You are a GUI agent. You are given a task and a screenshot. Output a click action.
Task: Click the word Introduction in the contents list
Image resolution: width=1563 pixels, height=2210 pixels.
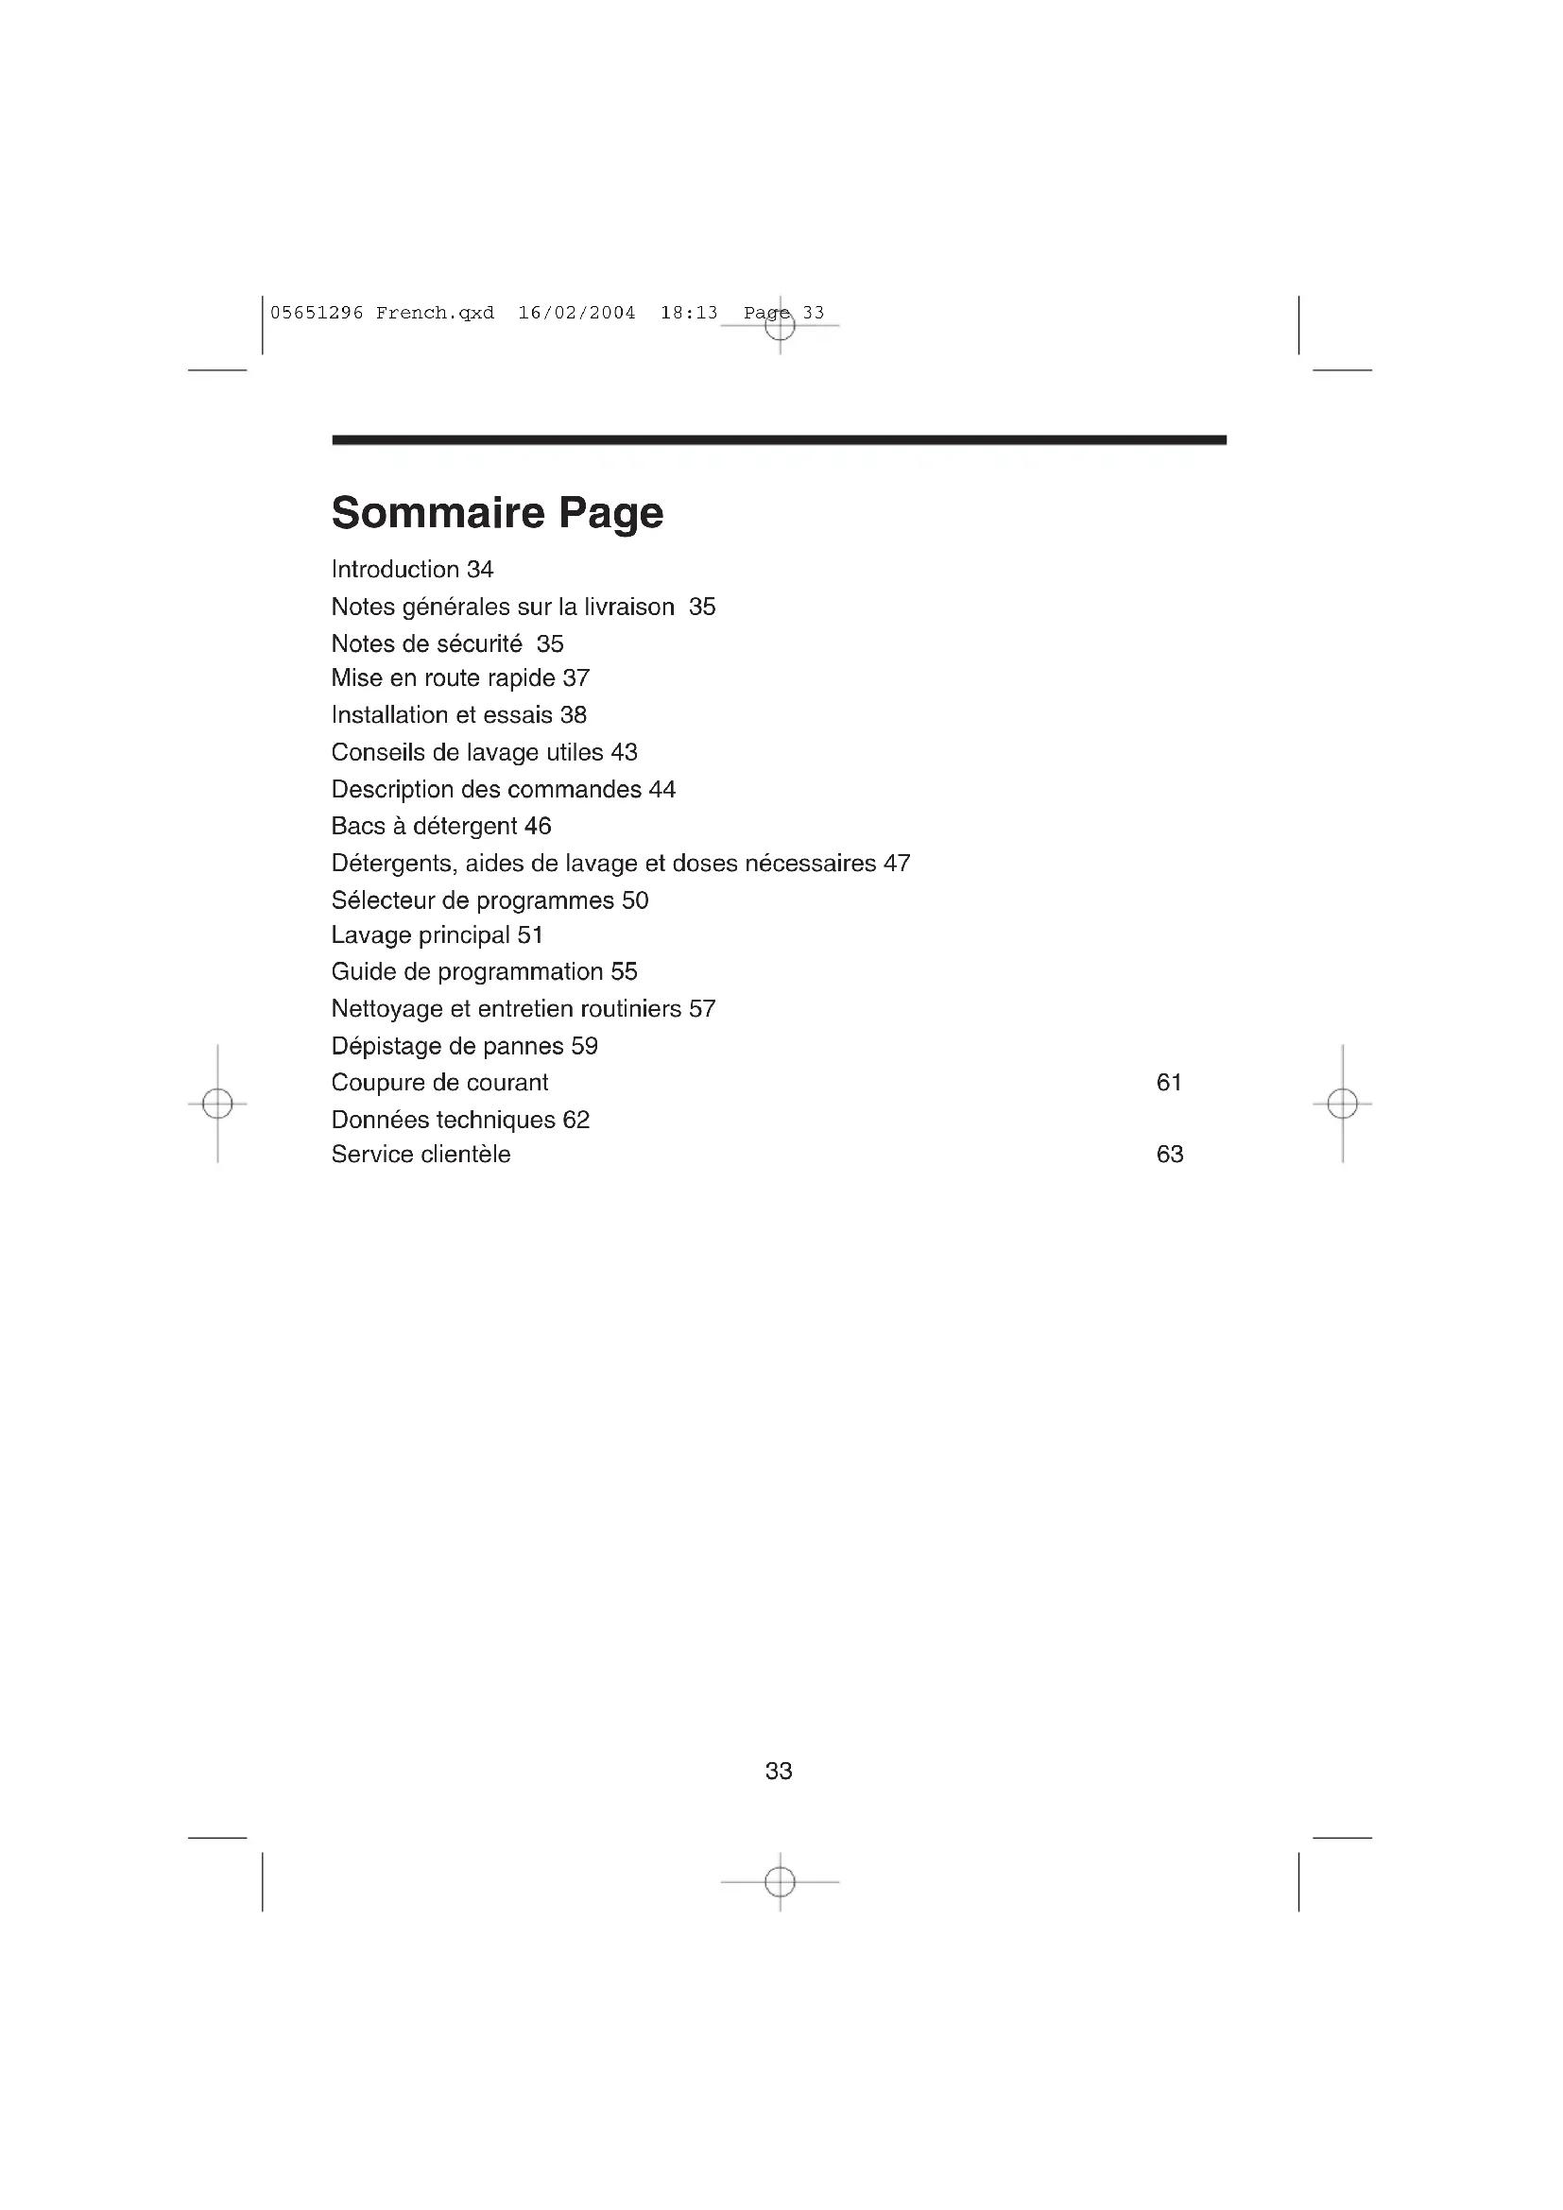pos(395,570)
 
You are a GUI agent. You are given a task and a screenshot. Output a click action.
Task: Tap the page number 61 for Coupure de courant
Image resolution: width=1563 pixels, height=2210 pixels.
pos(1168,1083)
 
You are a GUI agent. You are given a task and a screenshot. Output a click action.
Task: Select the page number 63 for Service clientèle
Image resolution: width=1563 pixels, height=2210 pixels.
pos(1169,1154)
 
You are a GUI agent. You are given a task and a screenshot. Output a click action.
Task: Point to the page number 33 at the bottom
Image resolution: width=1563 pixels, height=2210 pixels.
pos(779,1771)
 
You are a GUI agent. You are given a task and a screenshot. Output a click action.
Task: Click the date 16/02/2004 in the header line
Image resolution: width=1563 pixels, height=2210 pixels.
pos(576,313)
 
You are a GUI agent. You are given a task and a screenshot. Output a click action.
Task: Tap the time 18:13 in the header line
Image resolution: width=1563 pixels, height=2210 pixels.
pos(689,313)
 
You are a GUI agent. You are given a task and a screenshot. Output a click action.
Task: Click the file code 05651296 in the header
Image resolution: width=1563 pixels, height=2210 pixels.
pos(317,313)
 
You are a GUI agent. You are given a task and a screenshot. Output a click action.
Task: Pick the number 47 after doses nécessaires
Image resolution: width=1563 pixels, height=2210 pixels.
pos(897,864)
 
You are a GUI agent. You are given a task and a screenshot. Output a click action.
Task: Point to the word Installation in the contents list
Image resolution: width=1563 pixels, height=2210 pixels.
pos(389,715)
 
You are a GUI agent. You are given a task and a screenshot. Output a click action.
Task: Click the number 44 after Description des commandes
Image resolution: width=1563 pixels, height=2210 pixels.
pos(662,789)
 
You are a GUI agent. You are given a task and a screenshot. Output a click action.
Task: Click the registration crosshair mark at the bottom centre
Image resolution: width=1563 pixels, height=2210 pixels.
pos(780,1882)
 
